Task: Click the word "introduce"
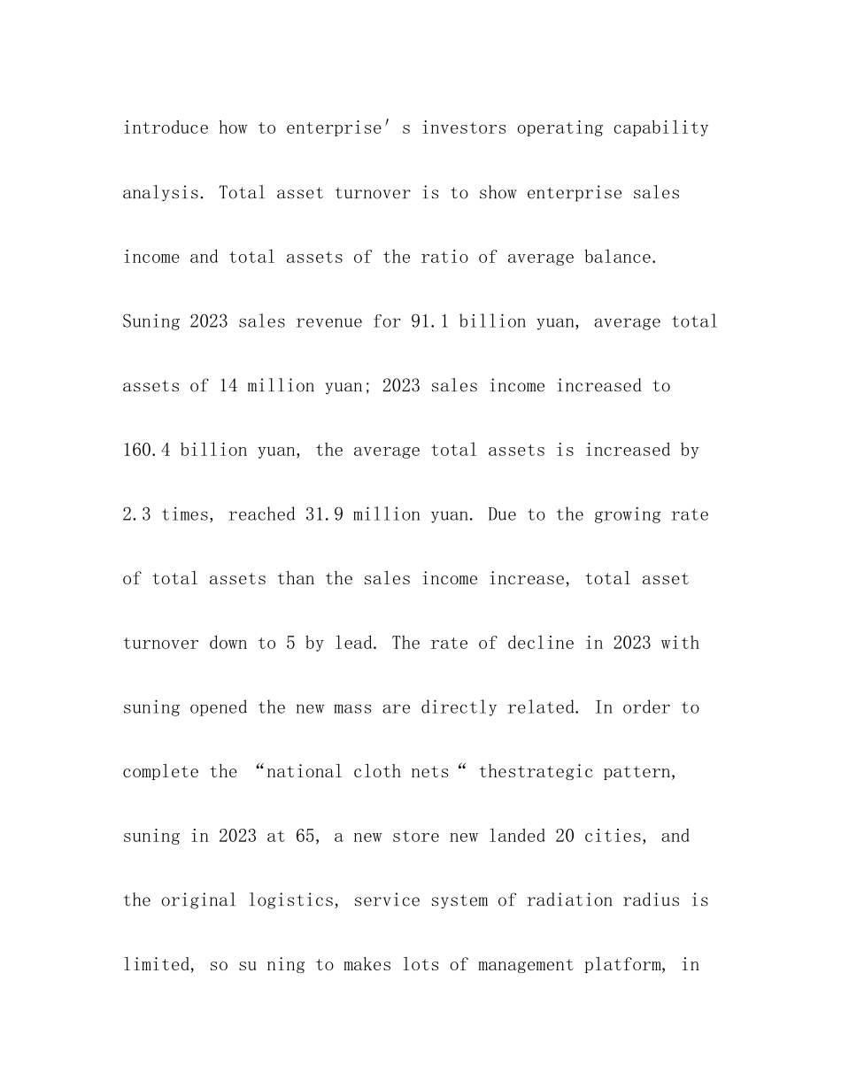point(166,128)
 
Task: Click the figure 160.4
point(146,450)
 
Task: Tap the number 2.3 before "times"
point(136,514)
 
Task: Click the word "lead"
point(358,643)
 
